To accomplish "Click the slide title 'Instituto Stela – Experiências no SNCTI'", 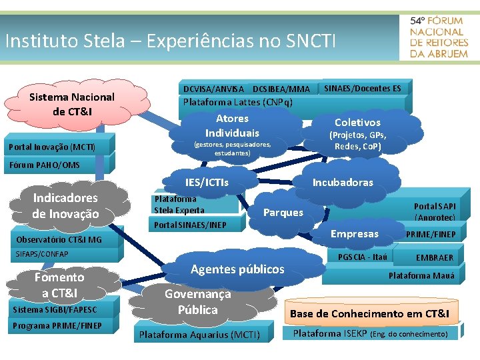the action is [170, 41].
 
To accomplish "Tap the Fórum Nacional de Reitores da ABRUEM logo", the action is [439, 37].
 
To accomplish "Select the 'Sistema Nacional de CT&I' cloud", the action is [72, 104].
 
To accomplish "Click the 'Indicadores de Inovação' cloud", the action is [65, 205].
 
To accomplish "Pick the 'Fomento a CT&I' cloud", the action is [59, 285].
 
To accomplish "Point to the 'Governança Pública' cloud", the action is [198, 301].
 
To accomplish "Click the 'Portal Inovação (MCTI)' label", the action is [52, 147].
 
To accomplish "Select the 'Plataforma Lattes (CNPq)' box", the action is [238, 102].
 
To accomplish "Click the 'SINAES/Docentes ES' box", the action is [363, 88].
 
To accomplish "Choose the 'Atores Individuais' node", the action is [232, 126].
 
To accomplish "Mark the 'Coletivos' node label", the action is [357, 122].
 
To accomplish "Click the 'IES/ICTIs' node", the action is [207, 182].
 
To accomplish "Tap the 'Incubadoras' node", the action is [343, 182].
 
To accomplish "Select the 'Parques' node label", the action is [283, 213].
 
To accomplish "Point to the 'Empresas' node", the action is [354, 233].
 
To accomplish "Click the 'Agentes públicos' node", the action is [237, 269].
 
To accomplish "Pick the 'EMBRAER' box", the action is [435, 257].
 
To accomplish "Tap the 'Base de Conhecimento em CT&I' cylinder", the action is [369, 313].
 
